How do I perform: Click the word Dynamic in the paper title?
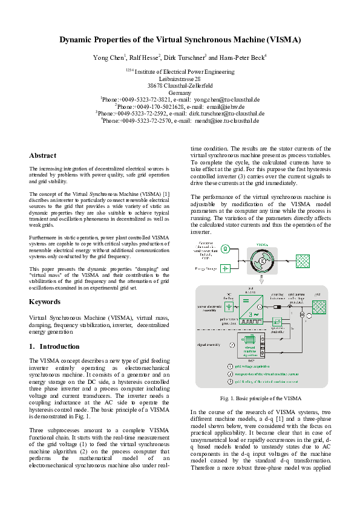(x=77, y=40)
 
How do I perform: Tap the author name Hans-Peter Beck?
(x=240, y=57)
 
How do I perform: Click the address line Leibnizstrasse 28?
(x=180, y=79)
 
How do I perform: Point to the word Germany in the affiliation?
(x=180, y=92)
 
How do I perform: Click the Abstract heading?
(x=42, y=155)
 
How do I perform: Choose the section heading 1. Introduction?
(x=54, y=346)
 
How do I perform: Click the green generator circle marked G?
(x=225, y=248)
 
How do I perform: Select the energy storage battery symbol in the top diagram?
(x=225, y=268)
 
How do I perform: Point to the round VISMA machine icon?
(x=262, y=259)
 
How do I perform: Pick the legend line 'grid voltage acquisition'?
(x=253, y=366)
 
